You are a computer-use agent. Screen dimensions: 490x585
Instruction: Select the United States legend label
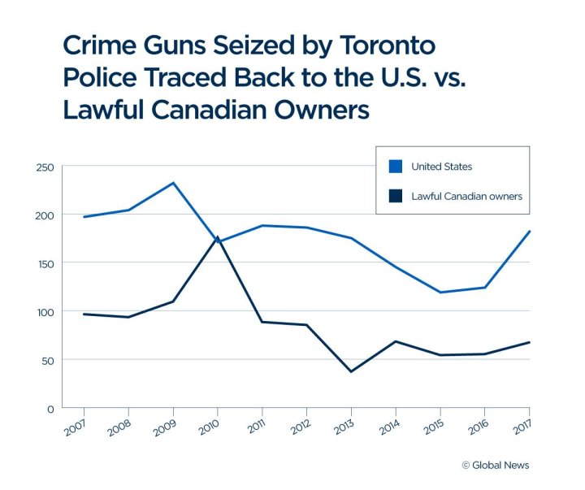click(x=441, y=167)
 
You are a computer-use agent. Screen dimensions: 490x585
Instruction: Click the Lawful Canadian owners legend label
click(x=466, y=196)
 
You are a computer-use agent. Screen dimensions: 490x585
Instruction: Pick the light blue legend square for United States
click(x=396, y=167)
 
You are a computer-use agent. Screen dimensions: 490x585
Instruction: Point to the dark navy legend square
click(x=396, y=196)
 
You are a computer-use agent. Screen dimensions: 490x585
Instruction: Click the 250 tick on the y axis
click(x=44, y=167)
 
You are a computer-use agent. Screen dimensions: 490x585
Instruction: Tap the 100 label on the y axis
click(x=44, y=311)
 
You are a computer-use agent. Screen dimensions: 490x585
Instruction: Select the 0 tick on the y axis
click(x=50, y=408)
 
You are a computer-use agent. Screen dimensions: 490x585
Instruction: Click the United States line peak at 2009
click(x=173, y=183)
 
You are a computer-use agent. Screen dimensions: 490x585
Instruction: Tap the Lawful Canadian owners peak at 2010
click(x=218, y=237)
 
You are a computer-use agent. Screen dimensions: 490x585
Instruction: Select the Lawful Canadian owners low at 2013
click(x=351, y=371)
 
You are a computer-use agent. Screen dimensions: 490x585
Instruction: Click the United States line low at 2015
click(x=440, y=293)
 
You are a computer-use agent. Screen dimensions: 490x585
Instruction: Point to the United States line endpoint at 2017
click(x=529, y=232)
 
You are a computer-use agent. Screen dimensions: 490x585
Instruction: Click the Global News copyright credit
click(x=496, y=465)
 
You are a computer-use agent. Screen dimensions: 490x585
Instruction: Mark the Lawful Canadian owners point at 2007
click(x=84, y=314)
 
